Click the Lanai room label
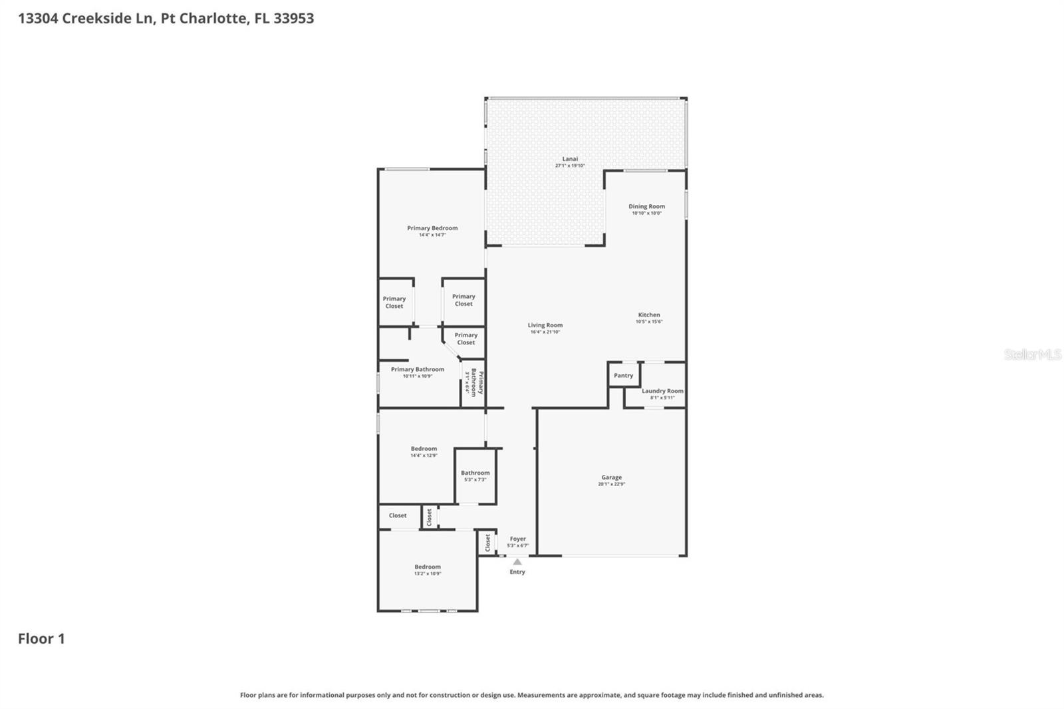[570, 159]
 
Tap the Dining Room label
[646, 207]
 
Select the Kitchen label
[649, 315]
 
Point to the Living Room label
[545, 326]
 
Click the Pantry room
[623, 376]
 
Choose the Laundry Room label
[662, 391]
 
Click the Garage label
[611, 478]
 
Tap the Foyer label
[517, 539]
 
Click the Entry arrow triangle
[517, 562]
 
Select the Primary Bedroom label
[432, 228]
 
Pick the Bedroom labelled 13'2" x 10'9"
[428, 567]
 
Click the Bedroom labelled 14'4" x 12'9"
[424, 449]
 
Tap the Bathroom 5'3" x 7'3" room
[475, 474]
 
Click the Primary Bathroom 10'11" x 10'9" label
[417, 370]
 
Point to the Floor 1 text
[41, 638]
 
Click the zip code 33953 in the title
[293, 18]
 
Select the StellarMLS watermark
[1032, 354]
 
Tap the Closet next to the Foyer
[487, 542]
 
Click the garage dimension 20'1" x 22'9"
[611, 484]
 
